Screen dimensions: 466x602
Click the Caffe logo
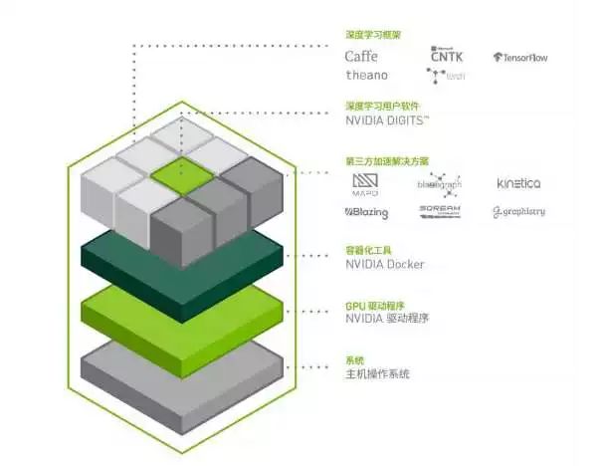pyautogui.click(x=361, y=56)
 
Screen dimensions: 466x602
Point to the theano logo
pyautogui.click(x=366, y=75)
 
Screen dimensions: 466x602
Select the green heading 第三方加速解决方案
pyautogui.click(x=387, y=160)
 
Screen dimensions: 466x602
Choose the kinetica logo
pyautogui.click(x=518, y=184)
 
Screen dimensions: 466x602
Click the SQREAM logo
pyautogui.click(x=439, y=211)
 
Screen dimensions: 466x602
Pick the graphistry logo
pyautogui.click(x=518, y=211)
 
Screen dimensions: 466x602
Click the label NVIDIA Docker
pyautogui.click(x=384, y=264)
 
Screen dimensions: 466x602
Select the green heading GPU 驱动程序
pyautogui.click(x=375, y=306)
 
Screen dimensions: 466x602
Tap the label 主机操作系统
pyautogui.click(x=377, y=373)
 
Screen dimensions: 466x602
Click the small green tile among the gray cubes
pyautogui.click(x=183, y=173)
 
